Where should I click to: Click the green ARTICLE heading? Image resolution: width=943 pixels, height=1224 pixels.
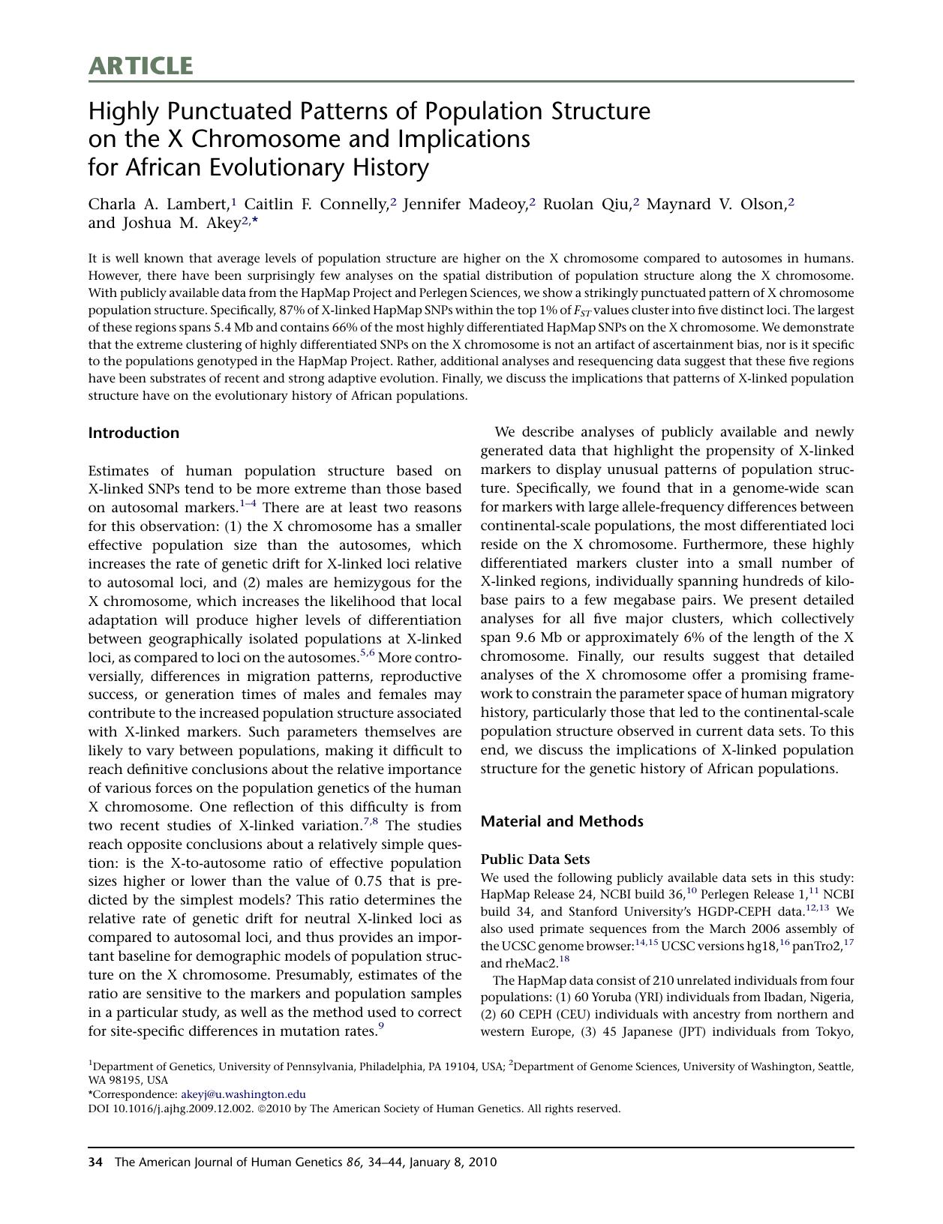click(x=140, y=66)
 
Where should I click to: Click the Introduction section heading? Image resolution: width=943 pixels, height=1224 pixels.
click(x=134, y=433)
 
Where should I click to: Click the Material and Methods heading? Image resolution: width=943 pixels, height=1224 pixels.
click(x=561, y=821)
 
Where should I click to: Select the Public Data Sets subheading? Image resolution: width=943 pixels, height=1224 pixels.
click(x=535, y=859)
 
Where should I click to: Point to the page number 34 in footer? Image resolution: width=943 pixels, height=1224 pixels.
click(x=95, y=1162)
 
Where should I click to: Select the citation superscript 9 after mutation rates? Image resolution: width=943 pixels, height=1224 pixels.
click(x=381, y=1027)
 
